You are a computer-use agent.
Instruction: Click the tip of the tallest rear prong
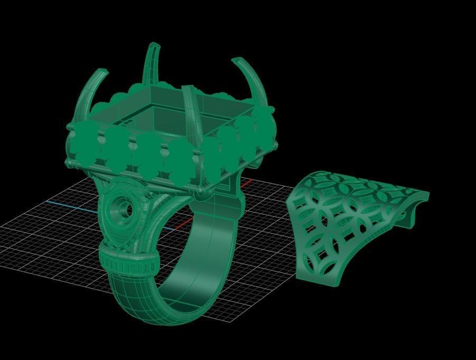click(154, 45)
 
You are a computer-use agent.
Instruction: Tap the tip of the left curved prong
click(104, 70)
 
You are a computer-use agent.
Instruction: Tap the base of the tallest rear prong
click(150, 87)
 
